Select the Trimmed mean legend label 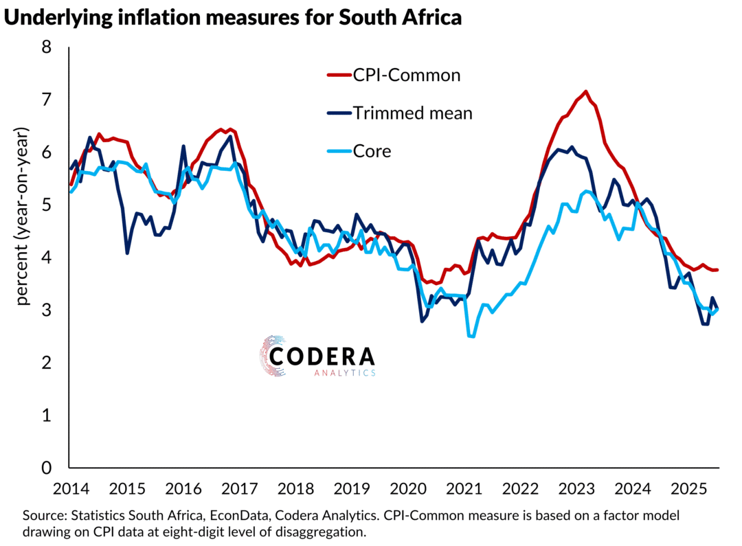pyautogui.click(x=412, y=113)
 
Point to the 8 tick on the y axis pyautogui.click(x=47, y=48)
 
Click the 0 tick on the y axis pyautogui.click(x=47, y=468)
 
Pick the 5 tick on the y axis pyautogui.click(x=47, y=205)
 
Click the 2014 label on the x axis pyautogui.click(x=71, y=490)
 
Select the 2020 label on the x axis pyautogui.click(x=409, y=490)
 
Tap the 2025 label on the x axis pyautogui.click(x=691, y=490)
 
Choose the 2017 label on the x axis pyautogui.click(x=240, y=490)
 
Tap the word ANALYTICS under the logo pyautogui.click(x=344, y=373)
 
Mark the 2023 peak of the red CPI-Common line pyautogui.click(x=585, y=91)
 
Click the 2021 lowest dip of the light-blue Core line pyautogui.click(x=471, y=336)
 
